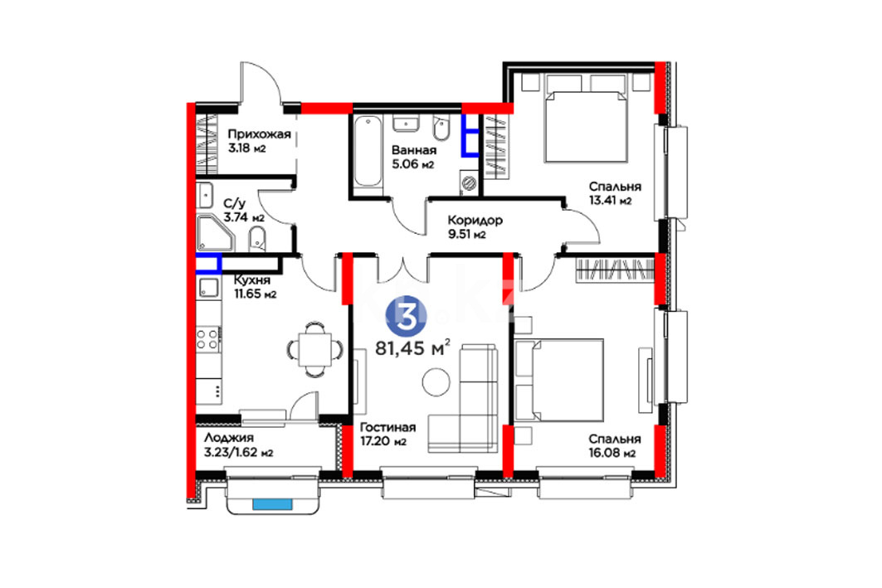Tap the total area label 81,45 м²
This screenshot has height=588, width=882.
point(412,348)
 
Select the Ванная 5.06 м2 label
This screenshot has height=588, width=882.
point(413,158)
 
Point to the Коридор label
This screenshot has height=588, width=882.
point(475,220)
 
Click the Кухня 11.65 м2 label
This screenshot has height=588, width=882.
point(255,287)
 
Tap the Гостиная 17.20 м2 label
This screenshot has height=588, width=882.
point(387,434)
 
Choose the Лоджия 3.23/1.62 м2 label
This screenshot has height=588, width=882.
point(238,445)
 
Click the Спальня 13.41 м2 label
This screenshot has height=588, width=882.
point(615,193)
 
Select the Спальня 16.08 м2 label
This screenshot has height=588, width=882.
point(615,446)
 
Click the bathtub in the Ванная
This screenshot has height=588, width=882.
point(368,152)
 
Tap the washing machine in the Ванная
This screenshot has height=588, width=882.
point(469,182)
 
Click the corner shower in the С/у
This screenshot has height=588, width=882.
point(216,233)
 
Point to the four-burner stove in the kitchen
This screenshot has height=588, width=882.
point(207,339)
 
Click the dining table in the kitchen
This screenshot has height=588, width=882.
point(315,349)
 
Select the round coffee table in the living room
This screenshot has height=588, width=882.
point(436,382)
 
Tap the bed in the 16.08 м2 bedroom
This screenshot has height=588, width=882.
point(559,380)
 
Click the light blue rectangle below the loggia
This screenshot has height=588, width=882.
point(272,504)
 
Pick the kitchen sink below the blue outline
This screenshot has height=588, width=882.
point(209,287)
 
